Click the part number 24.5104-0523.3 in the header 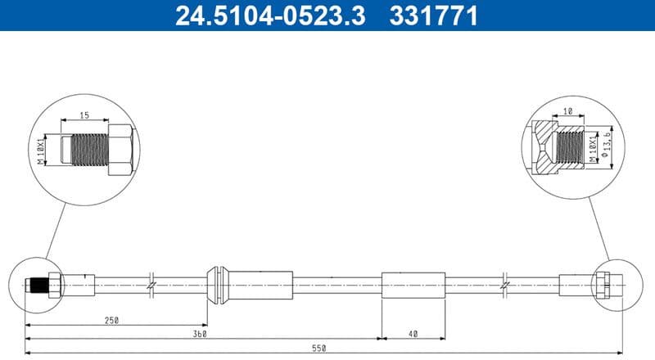[269, 16]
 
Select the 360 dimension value [198, 335]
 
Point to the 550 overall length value [319, 349]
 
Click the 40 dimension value [413, 335]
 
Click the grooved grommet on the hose [217, 284]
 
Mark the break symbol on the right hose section [506, 285]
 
